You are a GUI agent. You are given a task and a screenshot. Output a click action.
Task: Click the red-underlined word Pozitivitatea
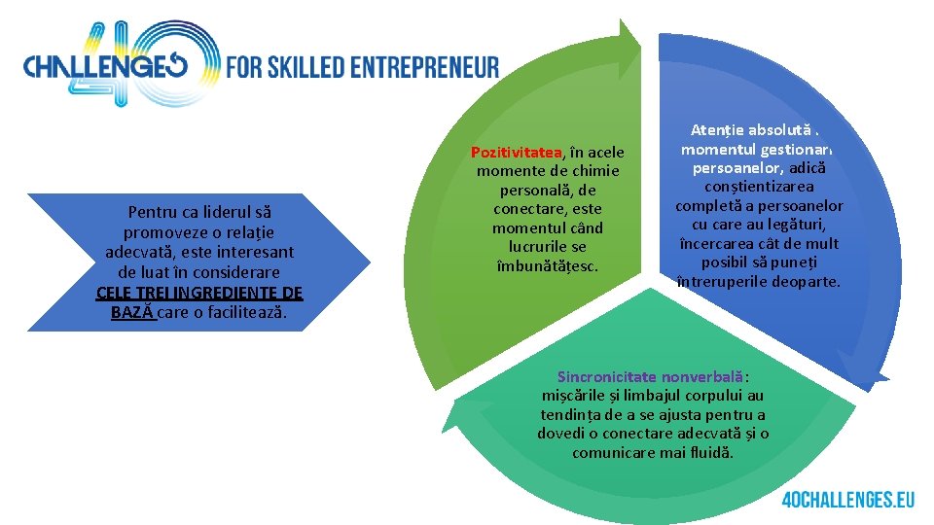517,153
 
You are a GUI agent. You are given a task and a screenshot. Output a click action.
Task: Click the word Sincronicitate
607,376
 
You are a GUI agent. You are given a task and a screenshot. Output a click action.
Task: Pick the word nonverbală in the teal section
703,376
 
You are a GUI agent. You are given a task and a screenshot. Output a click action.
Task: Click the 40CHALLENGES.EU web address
847,500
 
